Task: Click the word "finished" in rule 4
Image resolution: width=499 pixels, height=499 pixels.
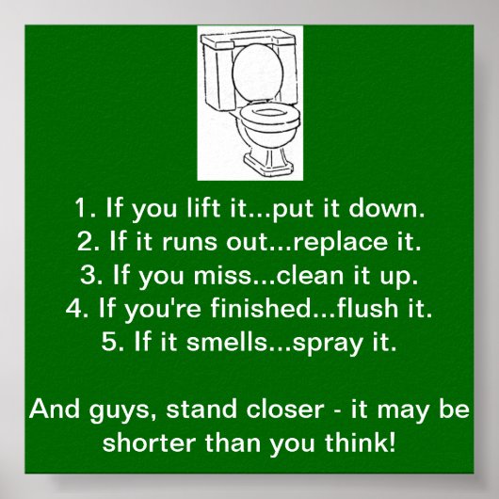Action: pos(247,309)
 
